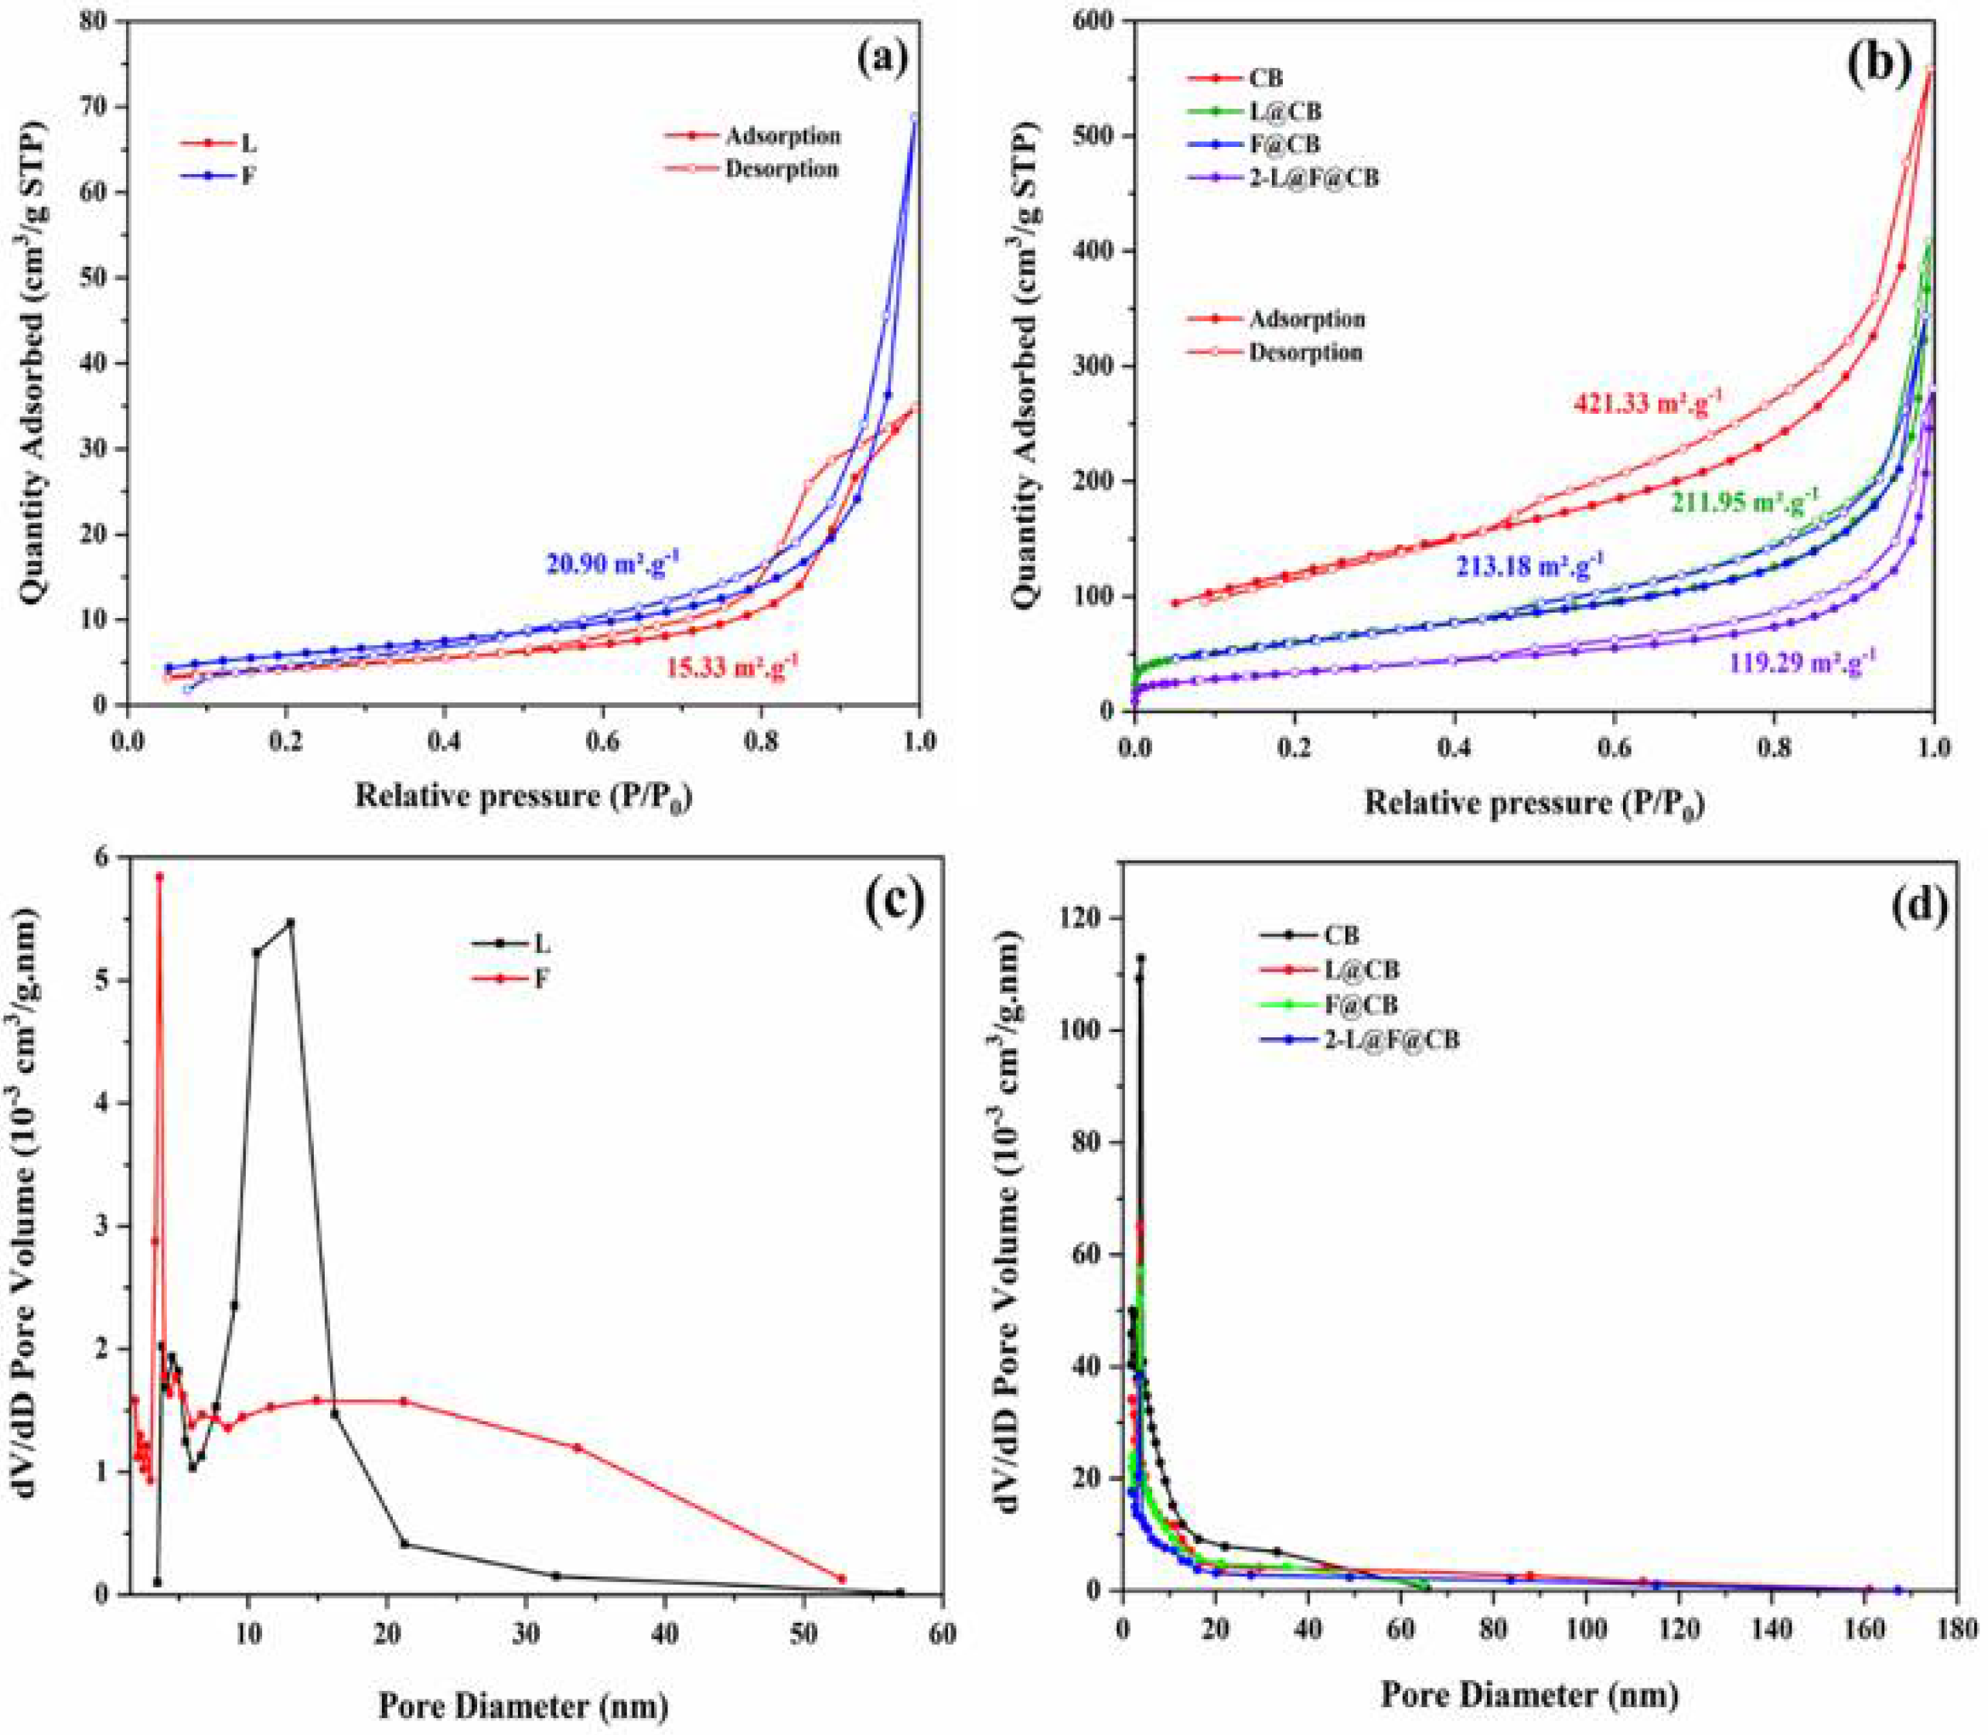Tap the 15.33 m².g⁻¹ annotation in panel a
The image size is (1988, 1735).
733,666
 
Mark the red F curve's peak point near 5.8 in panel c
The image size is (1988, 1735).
160,877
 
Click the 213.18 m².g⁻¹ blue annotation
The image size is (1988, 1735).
1529,566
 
